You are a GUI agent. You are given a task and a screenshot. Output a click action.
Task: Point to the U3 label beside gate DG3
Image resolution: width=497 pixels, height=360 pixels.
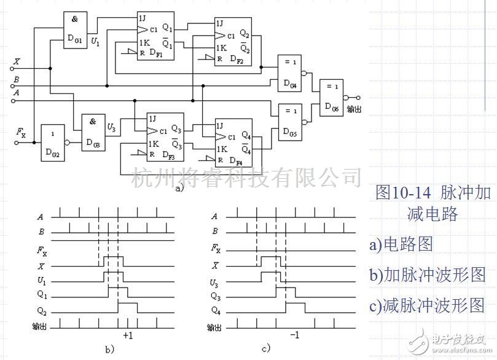coord(111,128)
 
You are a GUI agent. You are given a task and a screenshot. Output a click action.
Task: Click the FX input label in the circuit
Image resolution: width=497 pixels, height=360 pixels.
coord(21,131)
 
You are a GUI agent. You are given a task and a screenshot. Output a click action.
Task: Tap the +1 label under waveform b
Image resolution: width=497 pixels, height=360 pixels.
coord(128,336)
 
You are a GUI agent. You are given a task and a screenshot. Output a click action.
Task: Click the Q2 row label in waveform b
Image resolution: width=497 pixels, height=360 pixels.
coord(42,310)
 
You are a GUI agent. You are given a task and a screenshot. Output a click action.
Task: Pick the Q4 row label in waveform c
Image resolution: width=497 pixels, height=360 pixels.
coord(214,310)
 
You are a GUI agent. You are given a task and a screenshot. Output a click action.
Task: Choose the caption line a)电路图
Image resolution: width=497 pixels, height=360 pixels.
coord(401,244)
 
